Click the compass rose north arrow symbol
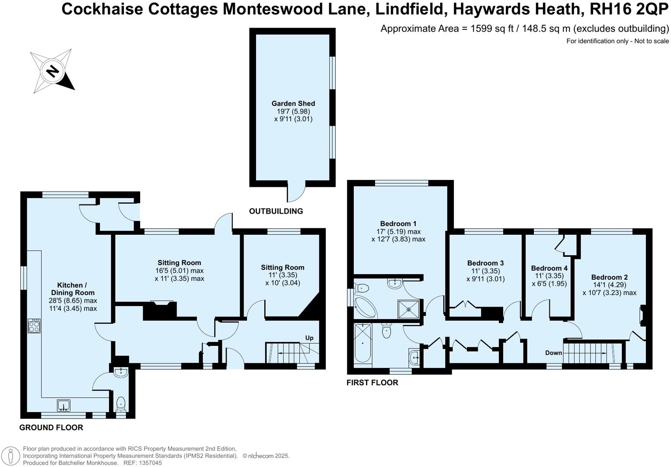[x=52, y=71]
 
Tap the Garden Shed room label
[x=293, y=103]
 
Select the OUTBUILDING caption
[x=276, y=211]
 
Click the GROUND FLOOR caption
[x=51, y=428]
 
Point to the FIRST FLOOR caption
[x=372, y=383]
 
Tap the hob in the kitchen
[x=34, y=326]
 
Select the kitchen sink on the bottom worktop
[x=64, y=406]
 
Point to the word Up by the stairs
[x=309, y=338]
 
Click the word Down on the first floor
[x=553, y=353]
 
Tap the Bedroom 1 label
[x=398, y=224]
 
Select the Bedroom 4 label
[x=549, y=268]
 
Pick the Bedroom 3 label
[x=485, y=263]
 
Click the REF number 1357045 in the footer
[x=148, y=463]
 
